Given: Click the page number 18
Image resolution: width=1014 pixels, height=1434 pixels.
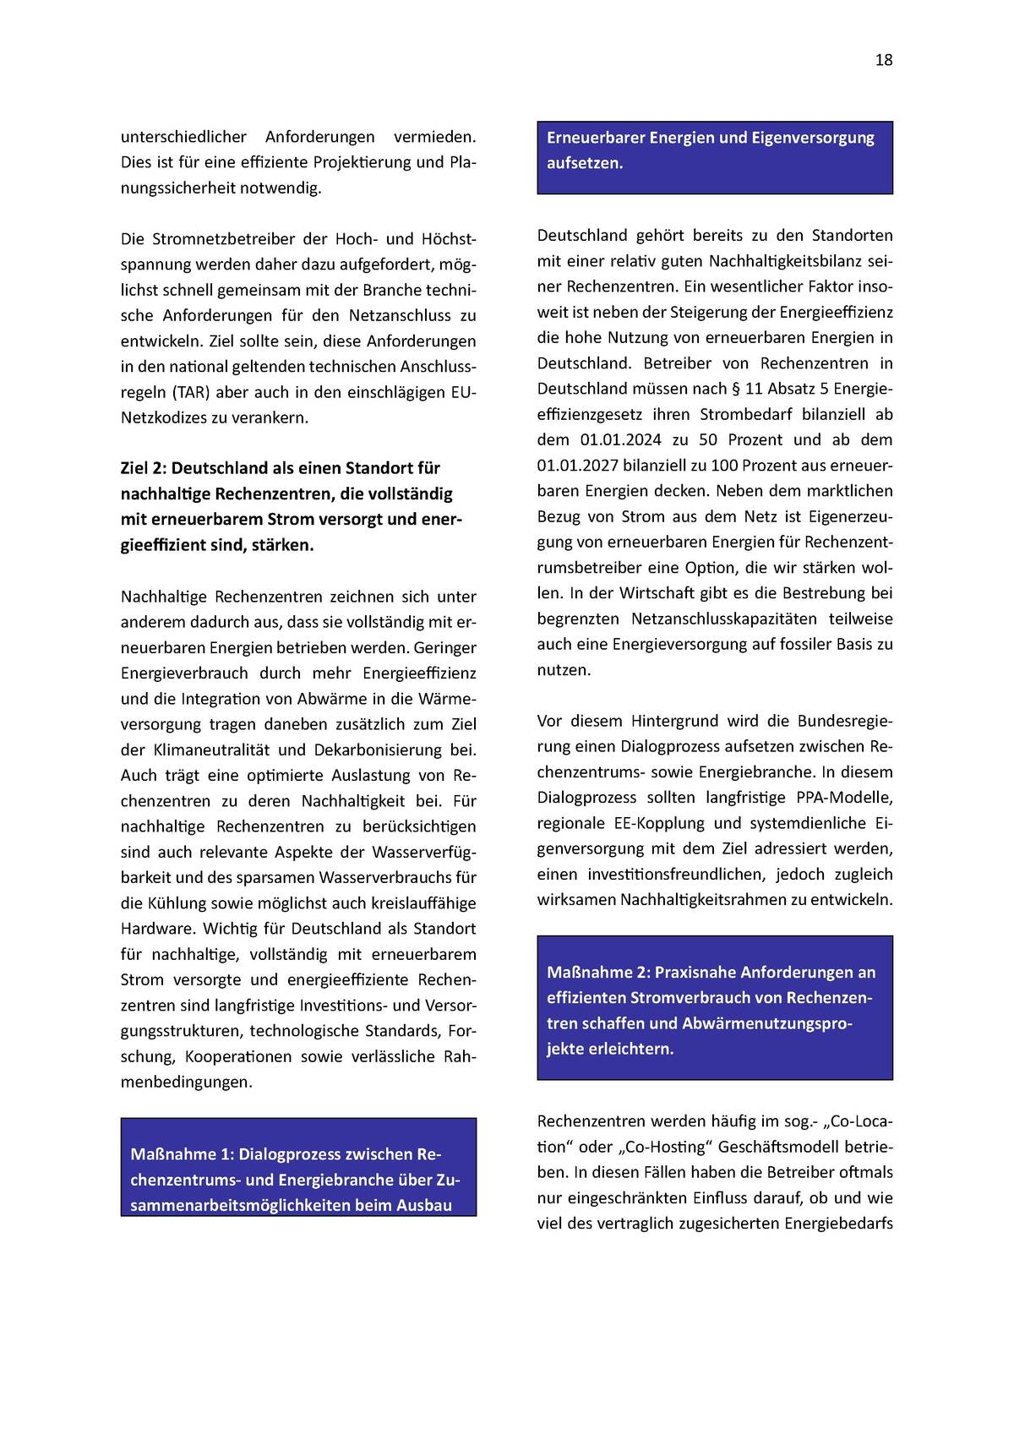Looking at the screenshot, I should tap(884, 60).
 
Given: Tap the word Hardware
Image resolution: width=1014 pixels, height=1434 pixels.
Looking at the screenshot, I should tap(157, 929).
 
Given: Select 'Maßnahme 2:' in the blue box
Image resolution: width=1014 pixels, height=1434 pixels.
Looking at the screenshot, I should tap(597, 973).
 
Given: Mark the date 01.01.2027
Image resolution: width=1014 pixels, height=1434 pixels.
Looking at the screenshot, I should tap(581, 466).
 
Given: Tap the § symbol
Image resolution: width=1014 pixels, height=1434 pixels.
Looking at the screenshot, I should tap(735, 389).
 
